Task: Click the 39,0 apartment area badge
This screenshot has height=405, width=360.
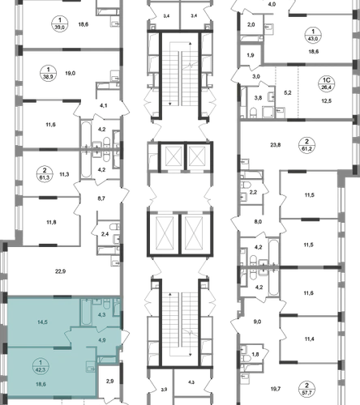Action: (x=60, y=23)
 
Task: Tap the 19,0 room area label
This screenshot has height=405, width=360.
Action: (x=71, y=73)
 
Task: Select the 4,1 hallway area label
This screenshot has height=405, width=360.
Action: (x=104, y=105)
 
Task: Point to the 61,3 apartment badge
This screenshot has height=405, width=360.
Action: (x=45, y=174)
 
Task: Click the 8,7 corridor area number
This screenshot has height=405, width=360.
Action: (x=101, y=198)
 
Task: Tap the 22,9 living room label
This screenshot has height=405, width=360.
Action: (x=61, y=271)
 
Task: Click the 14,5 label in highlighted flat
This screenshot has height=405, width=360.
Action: (x=42, y=322)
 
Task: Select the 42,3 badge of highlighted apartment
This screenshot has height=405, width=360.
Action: (x=41, y=366)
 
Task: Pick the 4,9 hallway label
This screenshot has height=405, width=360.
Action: (x=102, y=340)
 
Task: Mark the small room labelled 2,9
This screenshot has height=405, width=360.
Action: (x=109, y=382)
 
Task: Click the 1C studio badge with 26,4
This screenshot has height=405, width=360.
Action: (x=327, y=83)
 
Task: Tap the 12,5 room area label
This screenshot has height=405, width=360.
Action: (x=327, y=101)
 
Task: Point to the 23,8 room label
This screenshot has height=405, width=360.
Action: (x=276, y=145)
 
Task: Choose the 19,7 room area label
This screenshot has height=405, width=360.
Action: (x=276, y=389)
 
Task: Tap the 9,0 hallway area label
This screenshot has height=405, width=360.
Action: (x=257, y=322)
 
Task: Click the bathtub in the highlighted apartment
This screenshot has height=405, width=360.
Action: (x=86, y=313)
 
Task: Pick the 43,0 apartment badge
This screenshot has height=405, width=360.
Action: (x=313, y=36)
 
